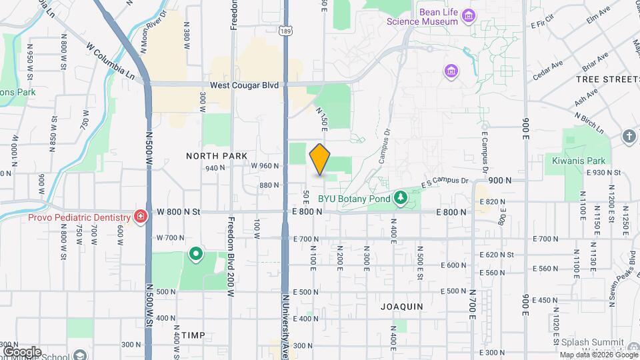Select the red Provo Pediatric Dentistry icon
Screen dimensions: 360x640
[141, 216]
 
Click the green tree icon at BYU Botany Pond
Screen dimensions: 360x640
[400, 197]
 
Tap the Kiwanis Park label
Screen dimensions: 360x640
[578, 161]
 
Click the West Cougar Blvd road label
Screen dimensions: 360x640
[243, 85]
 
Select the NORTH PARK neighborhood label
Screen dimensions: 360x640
[217, 155]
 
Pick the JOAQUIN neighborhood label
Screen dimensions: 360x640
[401, 307]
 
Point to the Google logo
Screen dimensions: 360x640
[22, 351]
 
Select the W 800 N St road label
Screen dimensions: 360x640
[178, 212]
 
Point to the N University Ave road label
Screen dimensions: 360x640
[285, 327]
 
